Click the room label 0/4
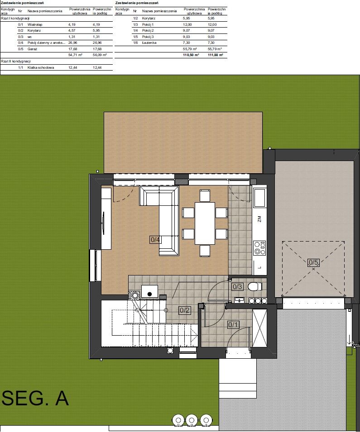(155, 240)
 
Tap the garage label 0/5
(313, 262)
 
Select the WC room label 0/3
(237, 286)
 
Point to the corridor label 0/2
(185, 310)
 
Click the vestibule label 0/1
(233, 324)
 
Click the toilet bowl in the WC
(254, 286)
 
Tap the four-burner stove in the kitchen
(259, 248)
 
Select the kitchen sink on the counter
(259, 198)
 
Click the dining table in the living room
(205, 223)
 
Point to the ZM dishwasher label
(259, 219)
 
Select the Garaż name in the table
(32, 49)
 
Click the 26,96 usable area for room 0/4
(72, 43)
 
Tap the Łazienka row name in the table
(149, 43)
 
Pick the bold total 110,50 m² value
(191, 55)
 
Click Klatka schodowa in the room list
(41, 67)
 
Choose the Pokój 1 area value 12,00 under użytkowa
(187, 24)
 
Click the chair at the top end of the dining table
(205, 195)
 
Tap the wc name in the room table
(29, 37)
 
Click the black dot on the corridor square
(149, 294)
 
